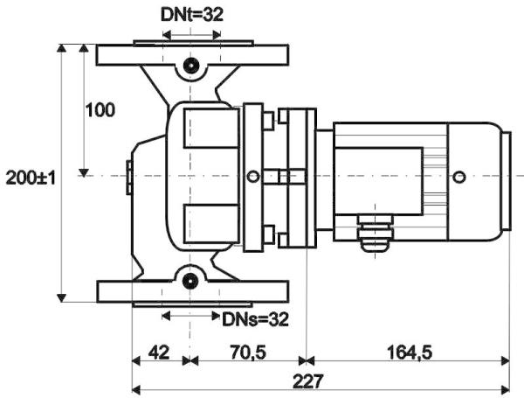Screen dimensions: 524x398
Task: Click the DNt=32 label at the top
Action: point(192,15)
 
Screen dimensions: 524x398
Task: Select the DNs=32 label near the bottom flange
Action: point(255,319)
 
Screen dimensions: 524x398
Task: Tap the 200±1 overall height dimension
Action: point(31,178)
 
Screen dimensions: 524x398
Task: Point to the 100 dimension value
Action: point(100,110)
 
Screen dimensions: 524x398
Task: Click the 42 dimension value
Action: point(159,353)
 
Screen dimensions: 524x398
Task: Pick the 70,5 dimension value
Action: point(248,353)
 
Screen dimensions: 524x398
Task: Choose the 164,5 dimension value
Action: point(410,353)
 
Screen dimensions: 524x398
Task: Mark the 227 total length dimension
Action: point(308,381)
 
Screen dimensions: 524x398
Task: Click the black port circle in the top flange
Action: point(190,66)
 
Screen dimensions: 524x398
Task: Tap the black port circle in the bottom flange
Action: point(190,281)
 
